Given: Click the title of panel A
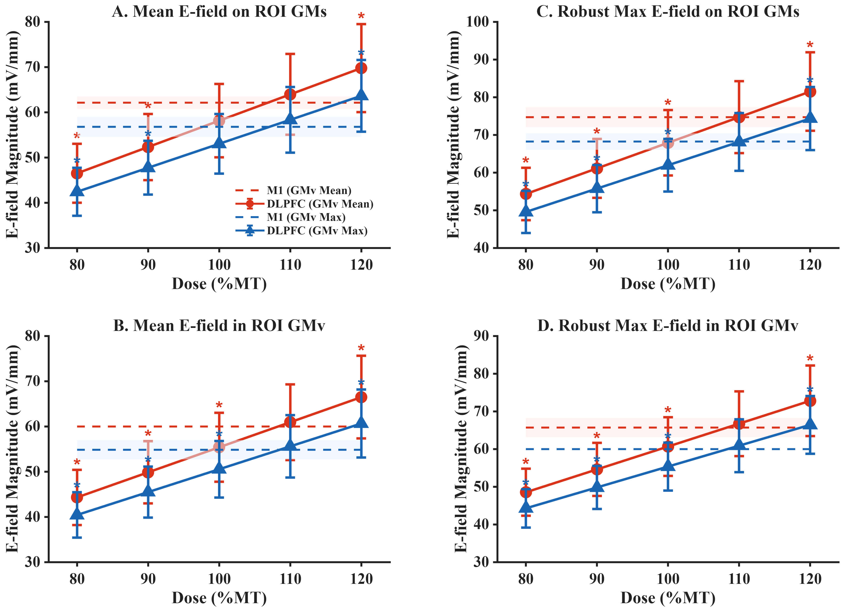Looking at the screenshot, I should click(x=219, y=12).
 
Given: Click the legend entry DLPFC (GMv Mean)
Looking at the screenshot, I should click(x=320, y=204).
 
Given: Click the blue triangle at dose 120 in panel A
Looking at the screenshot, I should click(x=361, y=94).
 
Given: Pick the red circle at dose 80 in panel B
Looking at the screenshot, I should click(x=77, y=497).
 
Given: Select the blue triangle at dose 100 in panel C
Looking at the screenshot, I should click(x=668, y=164).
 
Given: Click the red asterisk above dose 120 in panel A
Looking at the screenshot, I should click(x=361, y=16).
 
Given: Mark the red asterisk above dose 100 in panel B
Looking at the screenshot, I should click(x=219, y=406).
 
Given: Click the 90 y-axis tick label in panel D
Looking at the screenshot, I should click(x=481, y=336).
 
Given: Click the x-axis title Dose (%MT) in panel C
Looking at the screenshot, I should click(x=668, y=284).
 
